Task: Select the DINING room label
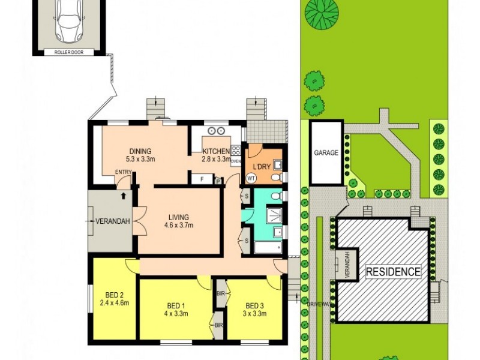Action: [x=140, y=151]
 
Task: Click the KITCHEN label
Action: [x=215, y=151]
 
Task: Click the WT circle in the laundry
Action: [x=251, y=178]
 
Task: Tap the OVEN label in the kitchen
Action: [x=236, y=161]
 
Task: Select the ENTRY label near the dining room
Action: [x=123, y=173]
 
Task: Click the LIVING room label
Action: [x=178, y=217]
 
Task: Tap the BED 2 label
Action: [x=114, y=294]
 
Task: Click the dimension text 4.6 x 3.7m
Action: [x=178, y=226]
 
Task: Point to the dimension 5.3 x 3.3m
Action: [x=140, y=160]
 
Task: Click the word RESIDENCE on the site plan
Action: [x=393, y=272]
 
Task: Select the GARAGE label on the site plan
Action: [x=326, y=152]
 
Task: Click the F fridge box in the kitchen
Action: [x=202, y=178]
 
